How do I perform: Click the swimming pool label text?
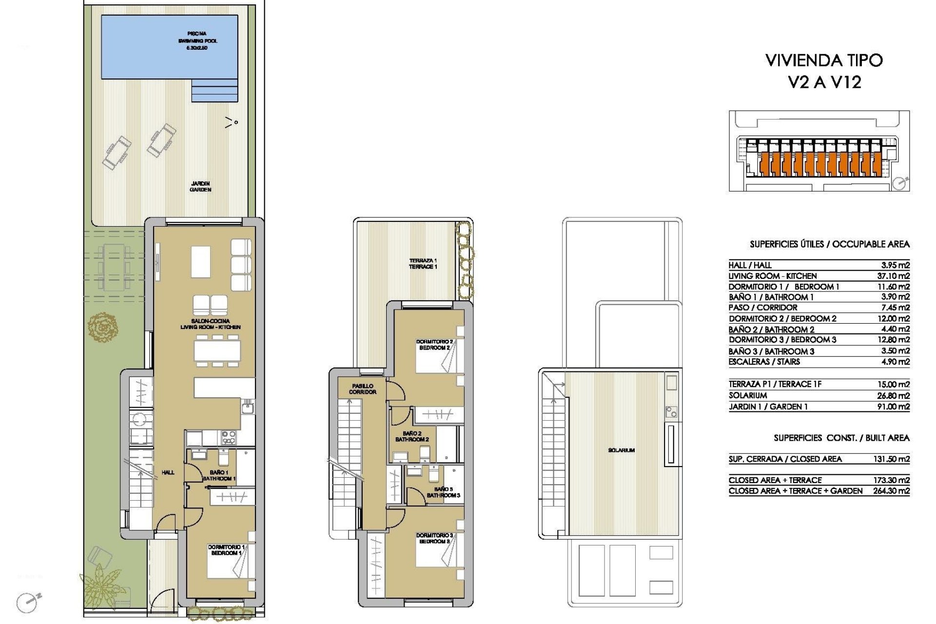[x=197, y=41]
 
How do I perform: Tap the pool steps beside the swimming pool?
[x=214, y=91]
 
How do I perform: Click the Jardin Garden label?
[x=200, y=187]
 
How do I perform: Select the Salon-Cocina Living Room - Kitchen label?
[x=210, y=324]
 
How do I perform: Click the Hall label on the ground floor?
[x=168, y=472]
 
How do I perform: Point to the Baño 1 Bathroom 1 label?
[x=219, y=475]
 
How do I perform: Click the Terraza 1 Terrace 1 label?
[x=423, y=264]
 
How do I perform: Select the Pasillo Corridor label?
[x=362, y=389]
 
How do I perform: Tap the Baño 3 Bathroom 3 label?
[x=443, y=492]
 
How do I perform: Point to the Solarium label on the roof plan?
[x=621, y=450]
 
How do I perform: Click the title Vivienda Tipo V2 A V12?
[x=824, y=71]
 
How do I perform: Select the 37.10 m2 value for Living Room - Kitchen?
[x=893, y=276]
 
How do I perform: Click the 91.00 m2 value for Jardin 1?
[x=893, y=407]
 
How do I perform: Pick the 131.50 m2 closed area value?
[x=891, y=459]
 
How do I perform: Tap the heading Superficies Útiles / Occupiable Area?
[x=829, y=244]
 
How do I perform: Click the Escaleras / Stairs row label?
[x=764, y=362]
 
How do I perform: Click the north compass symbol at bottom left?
[x=27, y=603]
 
